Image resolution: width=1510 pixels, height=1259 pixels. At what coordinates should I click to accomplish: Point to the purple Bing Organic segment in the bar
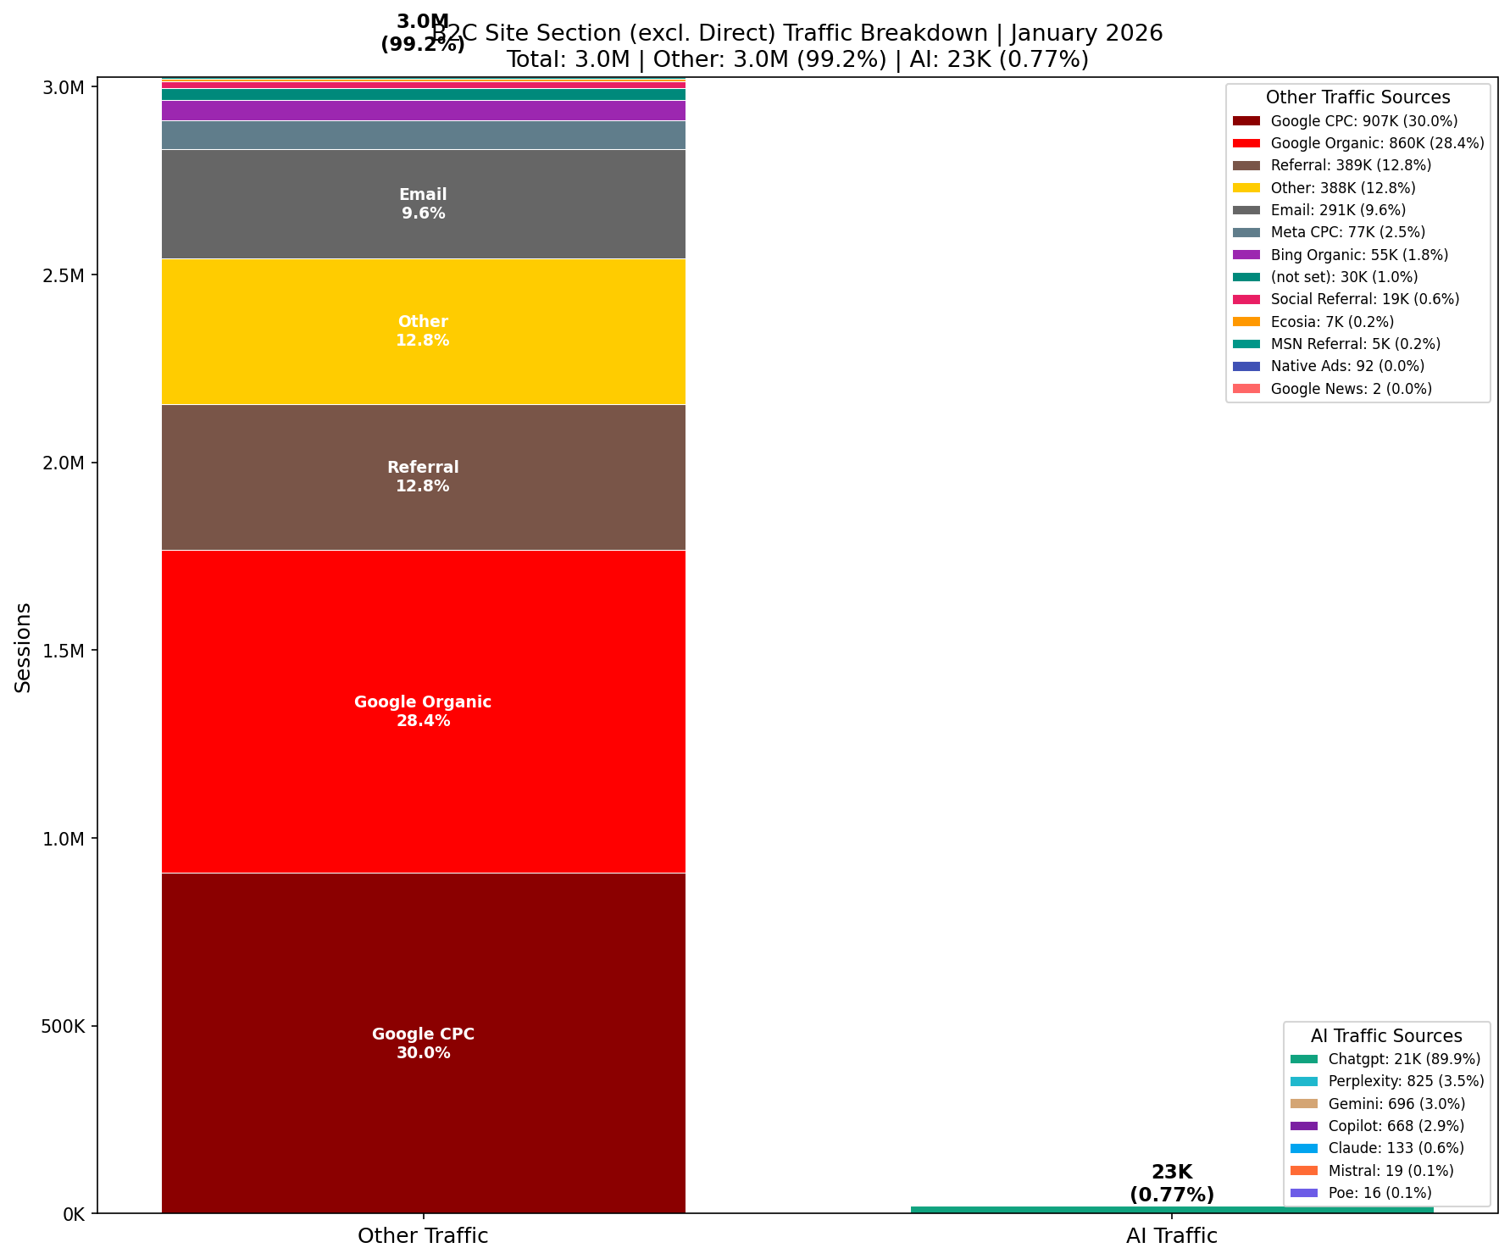423,110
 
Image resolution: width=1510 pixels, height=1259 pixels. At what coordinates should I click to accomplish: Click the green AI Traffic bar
1171,1210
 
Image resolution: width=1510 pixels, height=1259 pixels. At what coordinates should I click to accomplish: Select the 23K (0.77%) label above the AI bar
1171,1184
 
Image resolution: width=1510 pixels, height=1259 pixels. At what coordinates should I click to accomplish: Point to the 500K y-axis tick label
63,1026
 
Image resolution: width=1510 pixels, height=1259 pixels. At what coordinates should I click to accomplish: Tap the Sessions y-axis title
24,647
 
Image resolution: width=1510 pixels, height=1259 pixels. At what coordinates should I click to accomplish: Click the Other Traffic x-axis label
423,1235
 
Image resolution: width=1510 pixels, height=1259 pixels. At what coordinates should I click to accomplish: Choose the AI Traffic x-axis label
1171,1235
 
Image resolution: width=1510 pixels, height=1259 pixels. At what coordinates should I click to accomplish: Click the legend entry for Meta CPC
1347,232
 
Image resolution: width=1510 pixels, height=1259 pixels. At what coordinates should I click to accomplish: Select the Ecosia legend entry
1332,322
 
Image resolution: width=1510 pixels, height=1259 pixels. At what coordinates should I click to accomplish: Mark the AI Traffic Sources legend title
1386,1035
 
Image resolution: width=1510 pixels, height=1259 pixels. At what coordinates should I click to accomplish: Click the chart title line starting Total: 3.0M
797,59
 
